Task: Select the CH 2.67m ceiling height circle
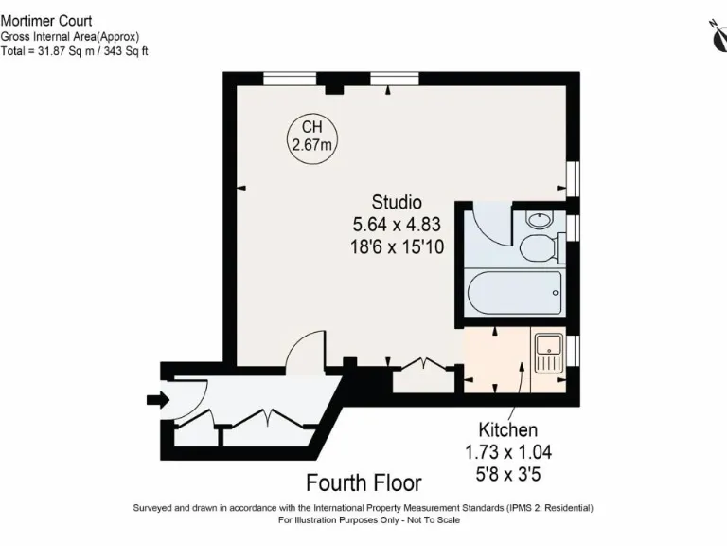point(310,136)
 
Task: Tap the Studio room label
point(397,202)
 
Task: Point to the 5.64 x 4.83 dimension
point(397,225)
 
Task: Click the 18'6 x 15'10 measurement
point(397,246)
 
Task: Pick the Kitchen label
point(507,430)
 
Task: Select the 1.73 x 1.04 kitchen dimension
point(507,452)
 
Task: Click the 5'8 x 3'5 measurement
point(507,473)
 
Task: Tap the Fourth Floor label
point(363,483)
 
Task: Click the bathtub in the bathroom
point(514,294)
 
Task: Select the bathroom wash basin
point(539,220)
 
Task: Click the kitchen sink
point(548,353)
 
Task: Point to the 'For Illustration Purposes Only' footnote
point(363,520)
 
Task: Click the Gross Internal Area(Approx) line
point(70,36)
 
